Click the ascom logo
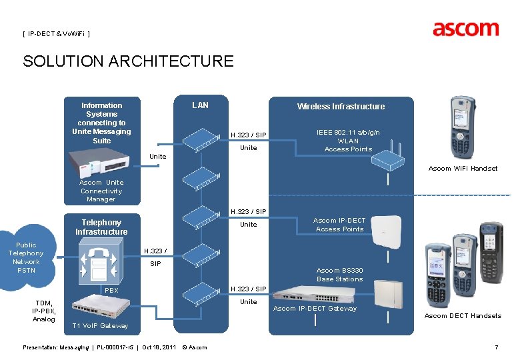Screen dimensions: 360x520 tap(465, 29)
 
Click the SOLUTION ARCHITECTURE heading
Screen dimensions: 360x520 tap(128, 62)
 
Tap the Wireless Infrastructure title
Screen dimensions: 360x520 tap(341, 106)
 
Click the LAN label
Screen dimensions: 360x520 tap(200, 105)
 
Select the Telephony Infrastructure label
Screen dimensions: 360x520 tap(101, 227)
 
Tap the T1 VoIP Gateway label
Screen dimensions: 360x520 tap(99, 326)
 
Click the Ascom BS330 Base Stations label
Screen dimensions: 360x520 tap(339, 275)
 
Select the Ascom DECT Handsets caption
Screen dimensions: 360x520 tap(463, 316)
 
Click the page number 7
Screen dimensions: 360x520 tap(496, 347)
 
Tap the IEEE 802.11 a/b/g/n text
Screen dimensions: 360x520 tap(348, 132)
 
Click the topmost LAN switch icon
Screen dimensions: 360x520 tap(201, 139)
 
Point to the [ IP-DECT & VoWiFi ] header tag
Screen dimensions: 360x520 tap(56, 33)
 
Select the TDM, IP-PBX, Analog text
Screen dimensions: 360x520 tap(44, 311)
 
